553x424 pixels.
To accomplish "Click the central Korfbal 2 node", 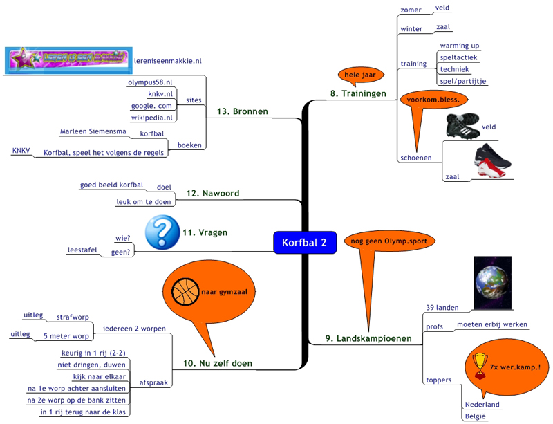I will (x=305, y=242).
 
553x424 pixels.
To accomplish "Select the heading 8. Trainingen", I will (x=358, y=93).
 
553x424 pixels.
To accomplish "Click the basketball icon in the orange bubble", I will (x=184, y=291).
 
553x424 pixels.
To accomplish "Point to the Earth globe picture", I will (x=492, y=281).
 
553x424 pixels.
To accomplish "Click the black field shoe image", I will (x=462, y=126).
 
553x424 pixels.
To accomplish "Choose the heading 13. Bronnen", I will (x=242, y=111).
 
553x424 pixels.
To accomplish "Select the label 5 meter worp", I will (x=66, y=336).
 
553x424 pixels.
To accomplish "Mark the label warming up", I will (x=460, y=46).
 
